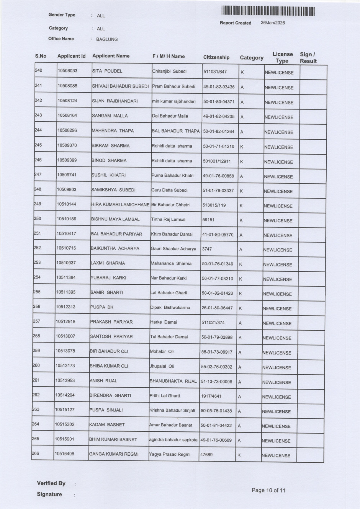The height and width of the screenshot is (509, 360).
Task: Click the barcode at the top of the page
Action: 268,11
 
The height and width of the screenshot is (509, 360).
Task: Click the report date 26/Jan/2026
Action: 273,23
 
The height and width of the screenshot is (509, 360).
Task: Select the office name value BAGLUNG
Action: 107,39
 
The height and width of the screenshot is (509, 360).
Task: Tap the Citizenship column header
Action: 216,57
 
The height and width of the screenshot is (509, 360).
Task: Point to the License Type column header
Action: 282,57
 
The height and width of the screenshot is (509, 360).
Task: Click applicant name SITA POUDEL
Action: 107,71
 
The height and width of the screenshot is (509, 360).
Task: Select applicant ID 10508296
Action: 67,131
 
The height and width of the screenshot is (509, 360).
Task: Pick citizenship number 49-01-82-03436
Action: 219,87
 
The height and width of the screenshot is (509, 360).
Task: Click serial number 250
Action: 37,219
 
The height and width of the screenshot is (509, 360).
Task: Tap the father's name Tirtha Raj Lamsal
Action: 168,220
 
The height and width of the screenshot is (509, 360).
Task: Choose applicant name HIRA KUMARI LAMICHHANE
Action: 120,205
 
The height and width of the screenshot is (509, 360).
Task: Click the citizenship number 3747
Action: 207,249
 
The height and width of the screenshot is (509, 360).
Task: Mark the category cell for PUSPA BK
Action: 240,308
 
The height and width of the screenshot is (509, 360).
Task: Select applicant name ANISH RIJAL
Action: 103,381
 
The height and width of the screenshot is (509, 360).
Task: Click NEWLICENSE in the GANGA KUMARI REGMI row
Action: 276,455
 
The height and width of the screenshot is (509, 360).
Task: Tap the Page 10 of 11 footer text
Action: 268,490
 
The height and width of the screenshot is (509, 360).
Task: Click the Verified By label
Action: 51,483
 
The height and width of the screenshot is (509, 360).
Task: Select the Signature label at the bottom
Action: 49,494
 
